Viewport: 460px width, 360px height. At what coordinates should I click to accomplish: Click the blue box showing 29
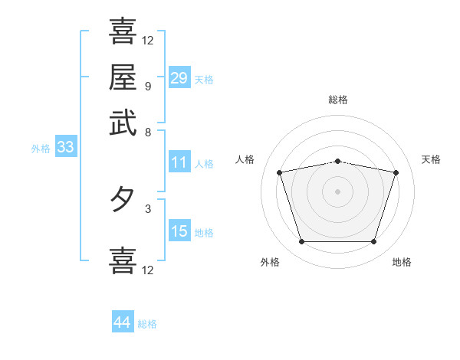[179, 78]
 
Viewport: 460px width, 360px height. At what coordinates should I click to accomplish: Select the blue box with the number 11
[179, 162]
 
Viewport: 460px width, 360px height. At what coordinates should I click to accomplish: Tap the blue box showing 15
[179, 232]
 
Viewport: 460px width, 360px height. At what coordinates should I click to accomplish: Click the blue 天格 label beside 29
[204, 80]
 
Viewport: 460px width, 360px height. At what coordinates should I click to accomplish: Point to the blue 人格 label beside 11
[204, 163]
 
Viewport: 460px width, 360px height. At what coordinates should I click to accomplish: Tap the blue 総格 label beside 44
[147, 324]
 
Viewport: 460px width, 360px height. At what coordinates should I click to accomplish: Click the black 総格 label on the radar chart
[338, 100]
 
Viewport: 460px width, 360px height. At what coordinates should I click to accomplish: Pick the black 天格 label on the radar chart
[432, 159]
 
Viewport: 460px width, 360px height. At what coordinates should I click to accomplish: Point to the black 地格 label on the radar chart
[402, 262]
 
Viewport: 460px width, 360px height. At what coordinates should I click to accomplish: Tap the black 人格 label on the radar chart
[245, 159]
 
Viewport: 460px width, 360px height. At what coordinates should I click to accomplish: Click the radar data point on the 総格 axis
[338, 161]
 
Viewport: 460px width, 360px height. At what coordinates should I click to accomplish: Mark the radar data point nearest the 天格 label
[396, 172]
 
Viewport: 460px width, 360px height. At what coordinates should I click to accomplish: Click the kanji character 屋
[123, 77]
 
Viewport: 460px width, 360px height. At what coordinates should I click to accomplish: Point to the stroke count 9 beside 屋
[147, 86]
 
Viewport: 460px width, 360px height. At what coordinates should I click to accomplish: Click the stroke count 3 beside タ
[147, 208]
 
